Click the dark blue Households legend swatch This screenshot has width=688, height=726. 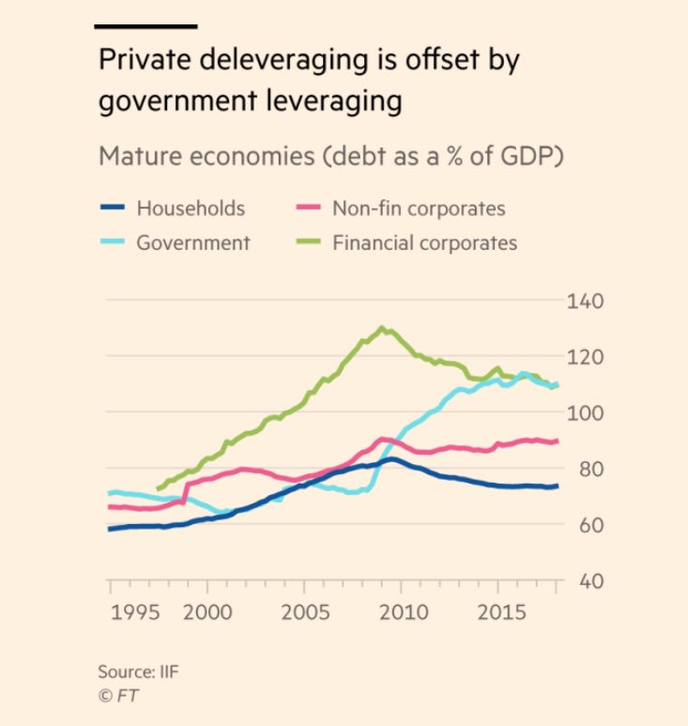click(x=112, y=209)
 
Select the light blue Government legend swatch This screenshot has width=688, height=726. click(x=112, y=242)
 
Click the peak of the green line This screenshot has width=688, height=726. click(x=381, y=328)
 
